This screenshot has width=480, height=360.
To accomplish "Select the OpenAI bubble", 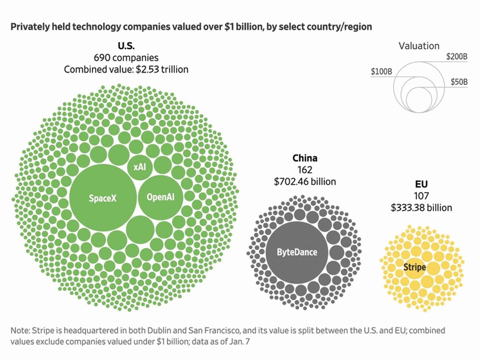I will pyautogui.click(x=161, y=197).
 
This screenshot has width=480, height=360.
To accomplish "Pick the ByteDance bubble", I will pyautogui.click(x=297, y=252).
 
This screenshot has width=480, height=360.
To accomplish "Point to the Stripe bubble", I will pyautogui.click(x=414, y=267).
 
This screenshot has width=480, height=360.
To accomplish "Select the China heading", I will pyautogui.click(x=305, y=158).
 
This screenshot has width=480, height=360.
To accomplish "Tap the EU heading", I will pyautogui.click(x=421, y=184).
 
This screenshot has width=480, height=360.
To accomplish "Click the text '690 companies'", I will pyautogui.click(x=125, y=58).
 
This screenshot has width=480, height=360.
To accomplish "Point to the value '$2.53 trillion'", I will pyautogui.click(x=162, y=69).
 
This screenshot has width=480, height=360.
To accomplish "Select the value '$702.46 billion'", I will pyautogui.click(x=305, y=181).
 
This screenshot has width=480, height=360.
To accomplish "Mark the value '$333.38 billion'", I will pyautogui.click(x=421, y=207).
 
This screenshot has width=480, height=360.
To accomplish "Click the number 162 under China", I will pyautogui.click(x=305, y=170).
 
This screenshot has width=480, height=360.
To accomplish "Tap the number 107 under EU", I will pyautogui.click(x=421, y=196).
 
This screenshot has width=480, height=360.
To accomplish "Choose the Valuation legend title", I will pyautogui.click(x=419, y=46).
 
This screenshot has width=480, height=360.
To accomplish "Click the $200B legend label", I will pyautogui.click(x=457, y=57).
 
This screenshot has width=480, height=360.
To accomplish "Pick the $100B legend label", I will pyautogui.click(x=381, y=72).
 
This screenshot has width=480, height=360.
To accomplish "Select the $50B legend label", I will pyautogui.click(x=459, y=82).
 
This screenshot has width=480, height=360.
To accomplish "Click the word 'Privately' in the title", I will pyautogui.click(x=29, y=26).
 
